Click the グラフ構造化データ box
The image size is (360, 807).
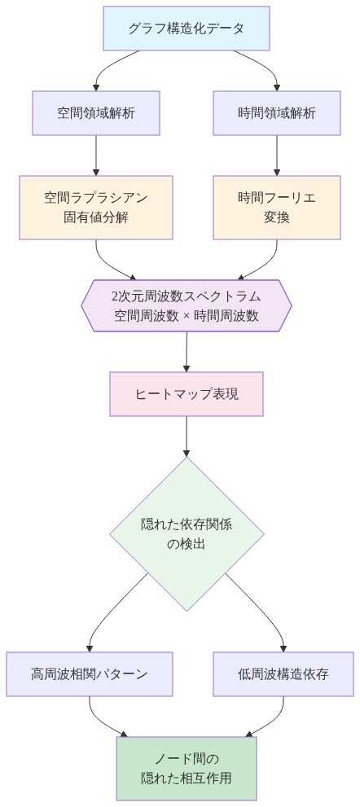pyautogui.click(x=187, y=29)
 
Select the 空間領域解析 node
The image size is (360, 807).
pyautogui.click(x=96, y=112)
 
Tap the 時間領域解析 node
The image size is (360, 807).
pyautogui.click(x=277, y=112)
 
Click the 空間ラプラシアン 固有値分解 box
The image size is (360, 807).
pyautogui.click(x=96, y=208)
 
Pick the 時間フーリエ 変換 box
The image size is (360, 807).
pyautogui.click(x=277, y=208)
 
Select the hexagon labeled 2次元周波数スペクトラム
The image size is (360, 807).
pyautogui.click(x=187, y=305)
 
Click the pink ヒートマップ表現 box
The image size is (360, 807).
pyautogui.click(x=187, y=394)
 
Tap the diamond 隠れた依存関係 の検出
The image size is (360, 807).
pyautogui.click(x=187, y=534)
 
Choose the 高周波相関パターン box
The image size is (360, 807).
pyautogui.click(x=90, y=673)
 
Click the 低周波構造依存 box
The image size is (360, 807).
pyautogui.click(x=283, y=673)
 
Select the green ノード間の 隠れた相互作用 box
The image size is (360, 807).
pyautogui.click(x=187, y=768)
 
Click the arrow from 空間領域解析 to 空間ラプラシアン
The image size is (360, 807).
pyautogui.click(x=96, y=155)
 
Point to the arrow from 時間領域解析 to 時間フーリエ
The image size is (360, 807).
pyautogui.click(x=277, y=155)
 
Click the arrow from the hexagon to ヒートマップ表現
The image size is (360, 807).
pyautogui.click(x=187, y=351)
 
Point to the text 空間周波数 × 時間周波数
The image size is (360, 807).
pyautogui.click(x=187, y=316)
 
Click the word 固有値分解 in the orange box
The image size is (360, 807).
pyautogui.click(x=96, y=217)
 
